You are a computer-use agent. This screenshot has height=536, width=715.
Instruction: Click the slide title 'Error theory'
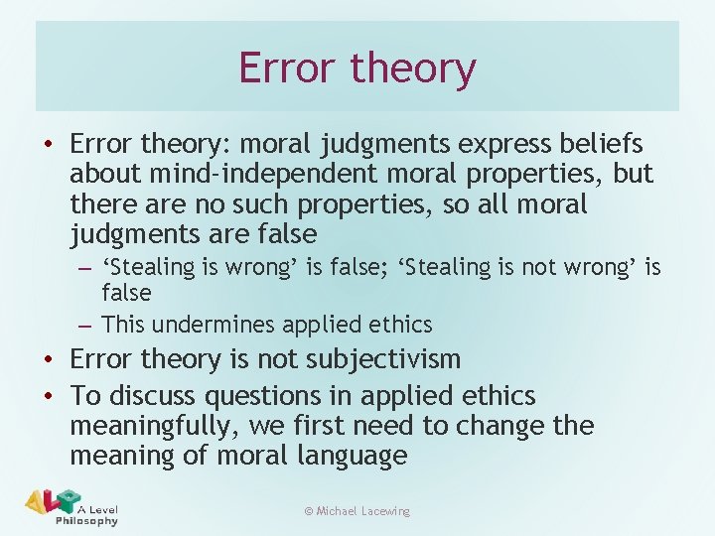[x=357, y=68]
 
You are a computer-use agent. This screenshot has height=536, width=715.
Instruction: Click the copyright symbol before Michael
[x=309, y=511]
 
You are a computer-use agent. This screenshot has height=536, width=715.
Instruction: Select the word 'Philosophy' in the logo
[x=86, y=520]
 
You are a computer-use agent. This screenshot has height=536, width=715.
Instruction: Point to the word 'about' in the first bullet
[x=105, y=175]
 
